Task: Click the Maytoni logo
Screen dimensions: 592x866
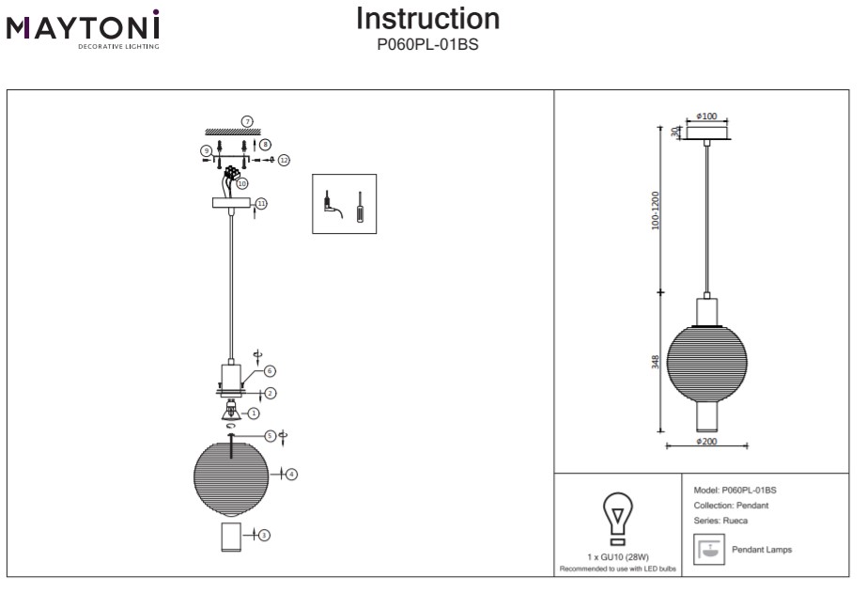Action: pyautogui.click(x=83, y=28)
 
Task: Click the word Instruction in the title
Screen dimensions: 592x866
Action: pyautogui.click(x=428, y=19)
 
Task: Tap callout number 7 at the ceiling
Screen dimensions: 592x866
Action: pyautogui.click(x=247, y=121)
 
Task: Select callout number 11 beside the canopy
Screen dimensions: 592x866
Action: pyautogui.click(x=261, y=203)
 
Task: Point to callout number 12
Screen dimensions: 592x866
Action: pyautogui.click(x=283, y=160)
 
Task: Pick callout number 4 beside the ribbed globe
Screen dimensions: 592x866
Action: pyautogui.click(x=291, y=475)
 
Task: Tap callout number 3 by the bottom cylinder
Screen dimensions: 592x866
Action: pyautogui.click(x=265, y=535)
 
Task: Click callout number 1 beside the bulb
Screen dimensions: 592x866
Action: pyautogui.click(x=254, y=413)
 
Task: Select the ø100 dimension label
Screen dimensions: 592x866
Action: pyautogui.click(x=707, y=117)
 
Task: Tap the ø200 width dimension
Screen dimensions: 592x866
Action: pyautogui.click(x=706, y=441)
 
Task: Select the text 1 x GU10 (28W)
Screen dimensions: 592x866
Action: pyautogui.click(x=616, y=557)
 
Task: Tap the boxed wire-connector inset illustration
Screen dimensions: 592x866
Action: pyautogui.click(x=344, y=203)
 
